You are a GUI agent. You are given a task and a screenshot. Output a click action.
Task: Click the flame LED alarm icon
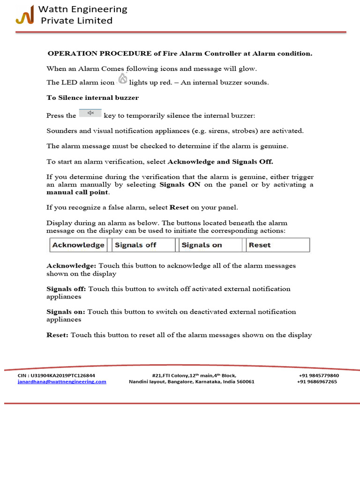coord(123,79)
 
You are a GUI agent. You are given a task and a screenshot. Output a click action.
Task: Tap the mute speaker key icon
coord(90,112)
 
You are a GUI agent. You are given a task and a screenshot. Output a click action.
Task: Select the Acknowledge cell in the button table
coord(78,245)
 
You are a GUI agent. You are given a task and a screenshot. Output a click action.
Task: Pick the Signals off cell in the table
coord(136,245)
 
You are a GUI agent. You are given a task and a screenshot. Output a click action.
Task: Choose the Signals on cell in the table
coord(202,245)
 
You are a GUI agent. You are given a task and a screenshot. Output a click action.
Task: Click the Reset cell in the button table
coord(260,245)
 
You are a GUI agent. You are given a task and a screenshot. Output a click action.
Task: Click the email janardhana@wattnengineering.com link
coord(62,382)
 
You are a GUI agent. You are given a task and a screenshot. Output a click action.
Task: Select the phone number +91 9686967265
coord(317,382)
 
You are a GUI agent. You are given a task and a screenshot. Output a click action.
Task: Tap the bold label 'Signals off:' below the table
coord(66,289)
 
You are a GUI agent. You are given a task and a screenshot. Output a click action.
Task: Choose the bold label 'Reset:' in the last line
coord(57,335)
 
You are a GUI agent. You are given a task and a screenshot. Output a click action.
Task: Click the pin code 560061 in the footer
coord(244,382)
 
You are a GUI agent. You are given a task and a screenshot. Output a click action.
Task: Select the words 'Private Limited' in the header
coord(76,21)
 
